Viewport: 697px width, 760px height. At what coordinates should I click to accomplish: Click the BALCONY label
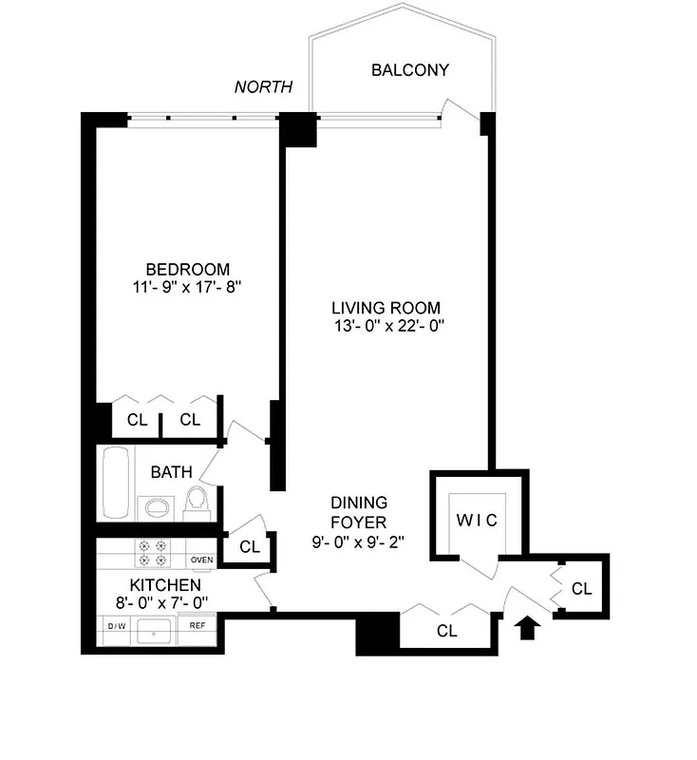coord(409,70)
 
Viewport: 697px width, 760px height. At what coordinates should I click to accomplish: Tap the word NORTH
coord(263,87)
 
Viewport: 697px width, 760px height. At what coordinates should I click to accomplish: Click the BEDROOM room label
coord(187,269)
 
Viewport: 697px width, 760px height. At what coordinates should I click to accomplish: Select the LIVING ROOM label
coord(386,308)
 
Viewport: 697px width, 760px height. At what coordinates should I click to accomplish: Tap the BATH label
coord(171,471)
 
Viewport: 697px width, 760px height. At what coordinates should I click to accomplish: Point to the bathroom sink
coord(152,506)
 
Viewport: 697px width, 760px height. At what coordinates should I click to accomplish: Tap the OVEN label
coord(201,560)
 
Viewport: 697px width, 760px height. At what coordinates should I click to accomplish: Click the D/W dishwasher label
coord(117,626)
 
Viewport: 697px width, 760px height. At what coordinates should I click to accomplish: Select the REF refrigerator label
coord(198,626)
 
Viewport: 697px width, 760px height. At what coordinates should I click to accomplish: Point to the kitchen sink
coord(154,628)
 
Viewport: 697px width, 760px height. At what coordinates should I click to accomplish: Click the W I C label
coord(475,521)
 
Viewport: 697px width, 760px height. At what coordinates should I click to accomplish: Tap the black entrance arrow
coord(529,627)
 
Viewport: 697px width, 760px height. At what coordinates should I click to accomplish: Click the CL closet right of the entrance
coord(581,589)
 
